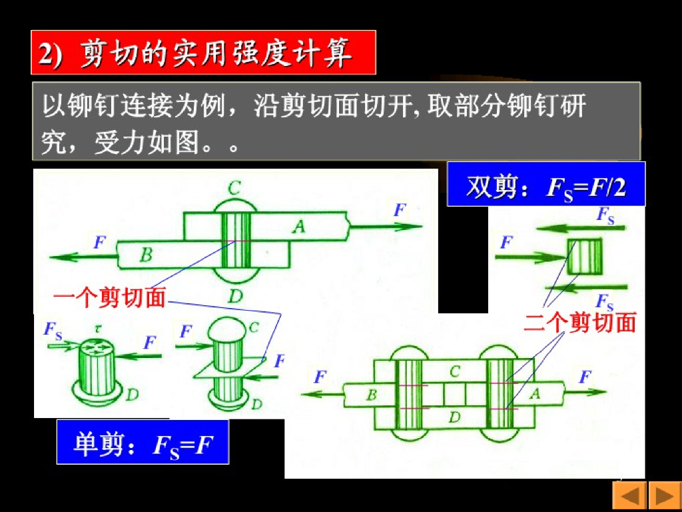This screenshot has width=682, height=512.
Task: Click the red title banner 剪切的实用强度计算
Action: pos(203,53)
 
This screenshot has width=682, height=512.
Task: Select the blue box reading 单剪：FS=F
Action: pos(143,443)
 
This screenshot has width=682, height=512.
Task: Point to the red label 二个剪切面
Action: pos(579,323)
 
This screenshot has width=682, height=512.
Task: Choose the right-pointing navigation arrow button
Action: pos(664,496)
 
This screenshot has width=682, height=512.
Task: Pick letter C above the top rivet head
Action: pos(234,189)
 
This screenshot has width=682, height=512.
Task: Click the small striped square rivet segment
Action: pos(585,257)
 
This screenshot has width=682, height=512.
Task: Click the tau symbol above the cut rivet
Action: pos(97,329)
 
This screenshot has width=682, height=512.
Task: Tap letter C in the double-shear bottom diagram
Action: pos(454,372)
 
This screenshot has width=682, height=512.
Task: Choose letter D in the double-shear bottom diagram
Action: pos(454,417)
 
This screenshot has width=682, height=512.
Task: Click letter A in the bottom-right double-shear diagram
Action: pos(534,394)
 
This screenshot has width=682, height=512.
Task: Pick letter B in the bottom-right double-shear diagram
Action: pos(372,395)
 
